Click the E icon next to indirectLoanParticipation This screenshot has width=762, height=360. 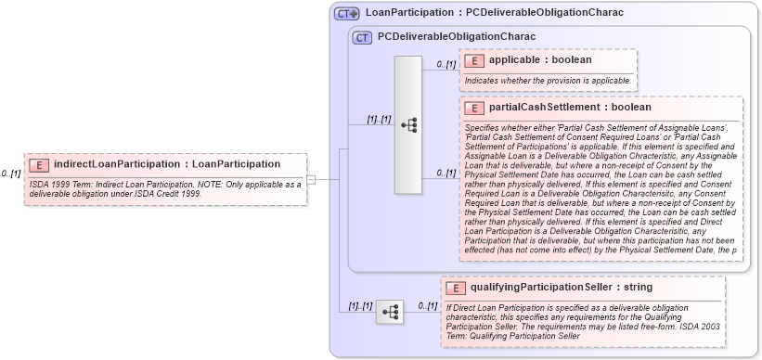(39, 165)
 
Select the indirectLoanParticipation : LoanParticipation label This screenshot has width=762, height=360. (167, 164)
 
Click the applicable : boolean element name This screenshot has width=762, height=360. (540, 60)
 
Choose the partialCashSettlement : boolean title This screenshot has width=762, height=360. (570, 108)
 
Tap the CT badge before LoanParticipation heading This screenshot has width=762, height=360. (347, 13)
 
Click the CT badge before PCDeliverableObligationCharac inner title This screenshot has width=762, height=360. (362, 38)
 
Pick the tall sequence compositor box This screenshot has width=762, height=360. (408, 124)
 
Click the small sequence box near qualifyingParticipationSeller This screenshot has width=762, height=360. (390, 312)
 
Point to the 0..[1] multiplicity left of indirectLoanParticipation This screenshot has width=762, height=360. (11, 174)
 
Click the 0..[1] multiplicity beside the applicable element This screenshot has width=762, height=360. (446, 64)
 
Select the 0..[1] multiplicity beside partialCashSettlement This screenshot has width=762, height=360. (446, 173)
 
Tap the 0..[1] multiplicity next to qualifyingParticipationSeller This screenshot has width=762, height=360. (426, 305)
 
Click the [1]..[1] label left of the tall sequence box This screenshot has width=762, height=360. (378, 119)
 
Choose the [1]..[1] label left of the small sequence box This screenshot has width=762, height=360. (359, 305)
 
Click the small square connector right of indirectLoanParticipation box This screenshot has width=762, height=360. (312, 179)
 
